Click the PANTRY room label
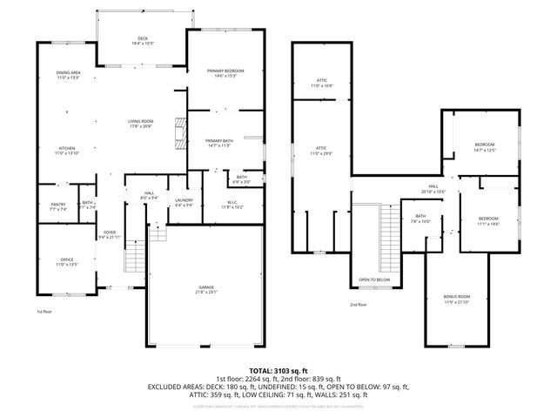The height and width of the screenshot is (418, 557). pyautogui.click(x=57, y=206)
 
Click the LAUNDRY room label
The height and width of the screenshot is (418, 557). pyautogui.click(x=184, y=202)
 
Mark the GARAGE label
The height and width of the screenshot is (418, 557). pyautogui.click(x=206, y=289)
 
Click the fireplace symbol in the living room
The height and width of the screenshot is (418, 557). pyautogui.click(x=180, y=131)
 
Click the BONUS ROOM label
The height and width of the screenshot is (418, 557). pyautogui.click(x=457, y=299)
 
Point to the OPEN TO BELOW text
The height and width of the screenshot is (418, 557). pyautogui.click(x=375, y=280)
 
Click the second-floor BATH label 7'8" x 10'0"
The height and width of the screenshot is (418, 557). pyautogui.click(x=420, y=219)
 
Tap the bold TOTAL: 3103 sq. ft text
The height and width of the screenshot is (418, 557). pyautogui.click(x=278, y=371)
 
